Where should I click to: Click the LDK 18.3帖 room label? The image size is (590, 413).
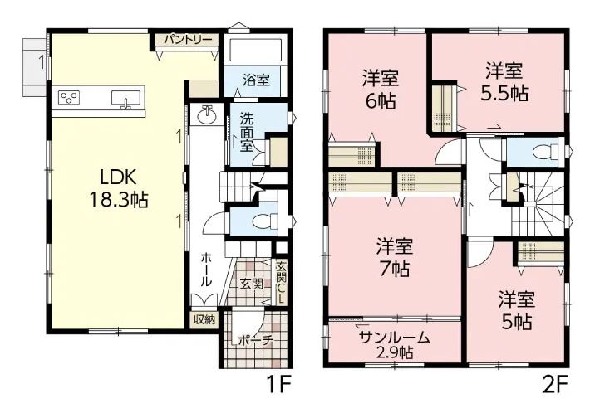[119, 188]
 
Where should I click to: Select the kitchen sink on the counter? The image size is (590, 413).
[125, 100]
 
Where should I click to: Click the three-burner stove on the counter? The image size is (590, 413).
[69, 98]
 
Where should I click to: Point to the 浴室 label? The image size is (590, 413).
[256, 80]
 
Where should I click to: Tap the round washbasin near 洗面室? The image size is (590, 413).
[207, 114]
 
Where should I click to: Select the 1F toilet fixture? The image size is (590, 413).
[265, 222]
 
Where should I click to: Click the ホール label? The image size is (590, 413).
[205, 270]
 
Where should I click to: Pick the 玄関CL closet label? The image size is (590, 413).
[281, 282]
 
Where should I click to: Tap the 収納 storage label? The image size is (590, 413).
[204, 319]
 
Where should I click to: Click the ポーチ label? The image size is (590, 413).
[255, 341]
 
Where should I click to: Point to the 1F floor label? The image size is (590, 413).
[279, 385]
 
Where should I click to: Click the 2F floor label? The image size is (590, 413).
[555, 385]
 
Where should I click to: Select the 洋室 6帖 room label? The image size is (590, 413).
[381, 90]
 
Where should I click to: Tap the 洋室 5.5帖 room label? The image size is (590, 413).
[504, 82]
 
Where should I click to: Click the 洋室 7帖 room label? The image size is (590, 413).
[395, 257]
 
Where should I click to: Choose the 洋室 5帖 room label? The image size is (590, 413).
[517, 310]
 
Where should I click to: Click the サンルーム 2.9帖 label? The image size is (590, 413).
[395, 345]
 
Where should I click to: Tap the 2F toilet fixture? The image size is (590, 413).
[546, 152]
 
